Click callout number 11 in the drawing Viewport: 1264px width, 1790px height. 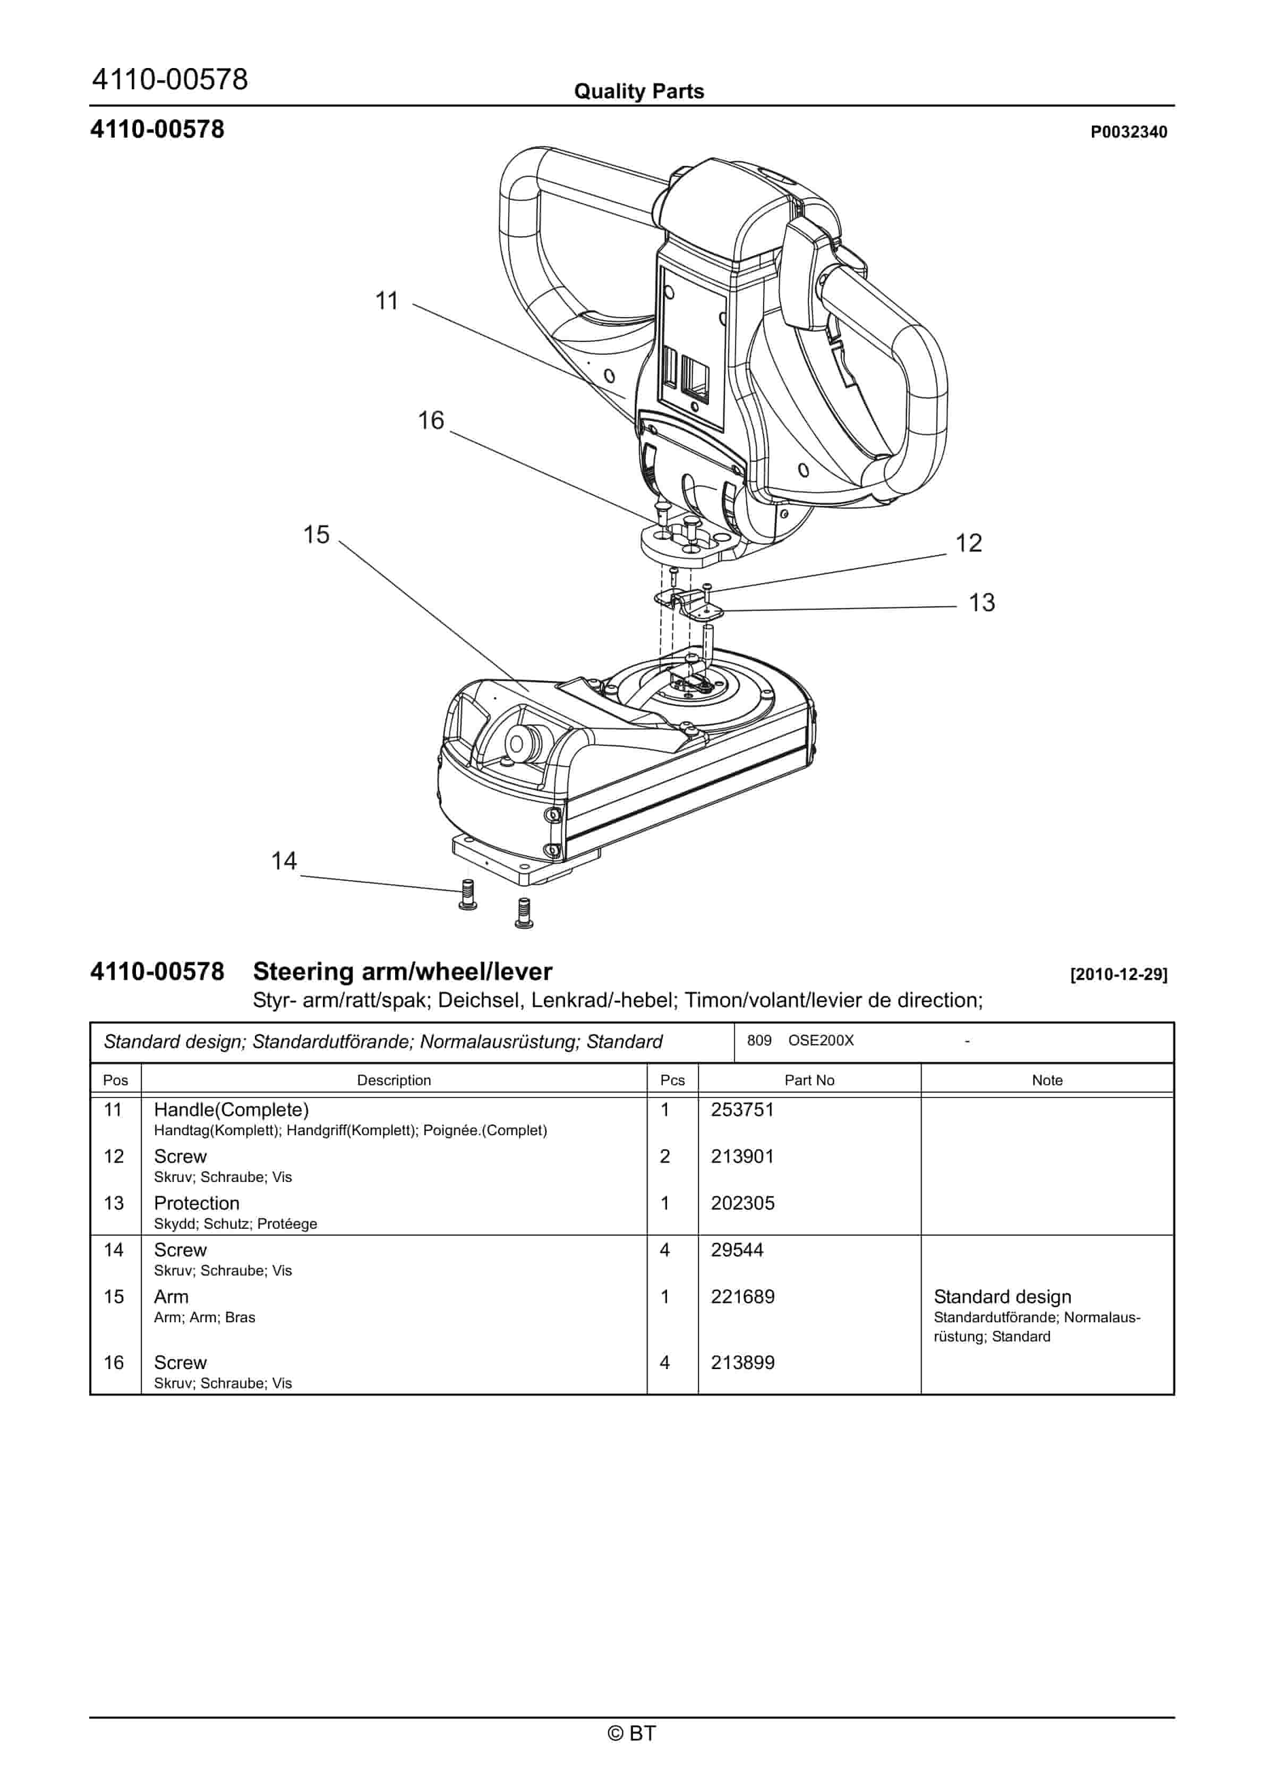(x=387, y=300)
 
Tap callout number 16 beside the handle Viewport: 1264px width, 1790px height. (x=430, y=420)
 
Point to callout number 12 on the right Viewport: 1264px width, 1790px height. (x=969, y=543)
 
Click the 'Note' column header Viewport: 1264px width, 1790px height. (x=1047, y=1080)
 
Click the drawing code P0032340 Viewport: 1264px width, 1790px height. (x=1129, y=132)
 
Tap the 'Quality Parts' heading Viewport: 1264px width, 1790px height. (x=638, y=91)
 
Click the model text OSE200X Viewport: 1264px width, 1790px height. (x=821, y=1041)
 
